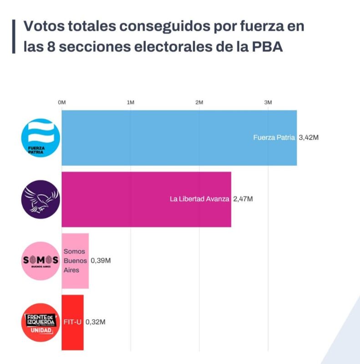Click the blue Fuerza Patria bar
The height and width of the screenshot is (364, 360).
pos(179,137)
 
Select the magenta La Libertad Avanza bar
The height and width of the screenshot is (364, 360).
pos(147,199)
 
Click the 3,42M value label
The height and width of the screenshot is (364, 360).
pos(308,137)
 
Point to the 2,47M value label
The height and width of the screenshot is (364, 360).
pos(243,199)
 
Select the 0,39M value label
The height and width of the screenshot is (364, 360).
pos(101,261)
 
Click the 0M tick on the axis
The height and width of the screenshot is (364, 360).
pos(62,102)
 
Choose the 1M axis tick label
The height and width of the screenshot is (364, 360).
pos(131,102)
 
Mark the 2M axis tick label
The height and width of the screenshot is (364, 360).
pos(199,102)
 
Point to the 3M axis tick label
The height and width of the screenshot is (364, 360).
pos(268,102)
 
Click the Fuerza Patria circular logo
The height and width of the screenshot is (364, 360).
pos(41,138)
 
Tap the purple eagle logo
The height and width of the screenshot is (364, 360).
pos(41,199)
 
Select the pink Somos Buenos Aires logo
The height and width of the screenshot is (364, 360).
pos(41,261)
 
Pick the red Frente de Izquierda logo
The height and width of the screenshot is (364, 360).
pos(41,322)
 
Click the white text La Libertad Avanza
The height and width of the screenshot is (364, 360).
pos(199,199)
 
